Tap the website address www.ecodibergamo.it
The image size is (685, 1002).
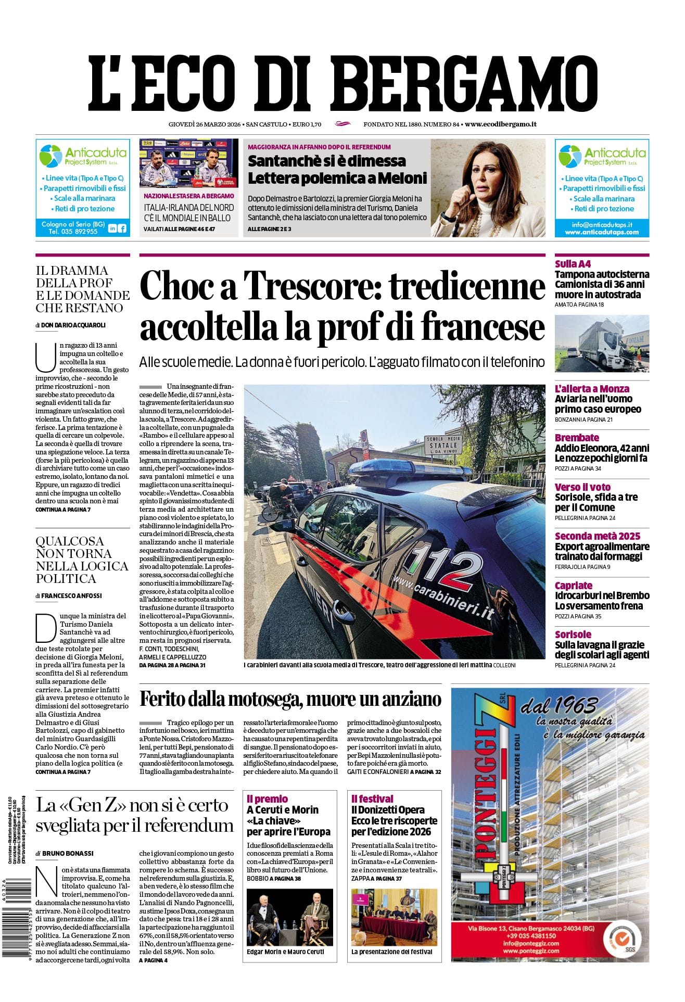(x=501, y=124)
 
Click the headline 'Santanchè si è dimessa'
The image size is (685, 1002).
(x=326, y=161)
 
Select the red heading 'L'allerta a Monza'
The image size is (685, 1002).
(x=591, y=389)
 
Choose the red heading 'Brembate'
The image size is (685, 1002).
(x=577, y=438)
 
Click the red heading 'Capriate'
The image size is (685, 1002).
(x=573, y=586)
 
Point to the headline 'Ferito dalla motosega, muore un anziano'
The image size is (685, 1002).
(x=290, y=699)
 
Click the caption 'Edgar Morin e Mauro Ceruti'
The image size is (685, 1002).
(x=285, y=952)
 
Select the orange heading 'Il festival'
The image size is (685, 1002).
(x=372, y=798)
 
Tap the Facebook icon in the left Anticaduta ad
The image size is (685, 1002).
(x=122, y=228)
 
